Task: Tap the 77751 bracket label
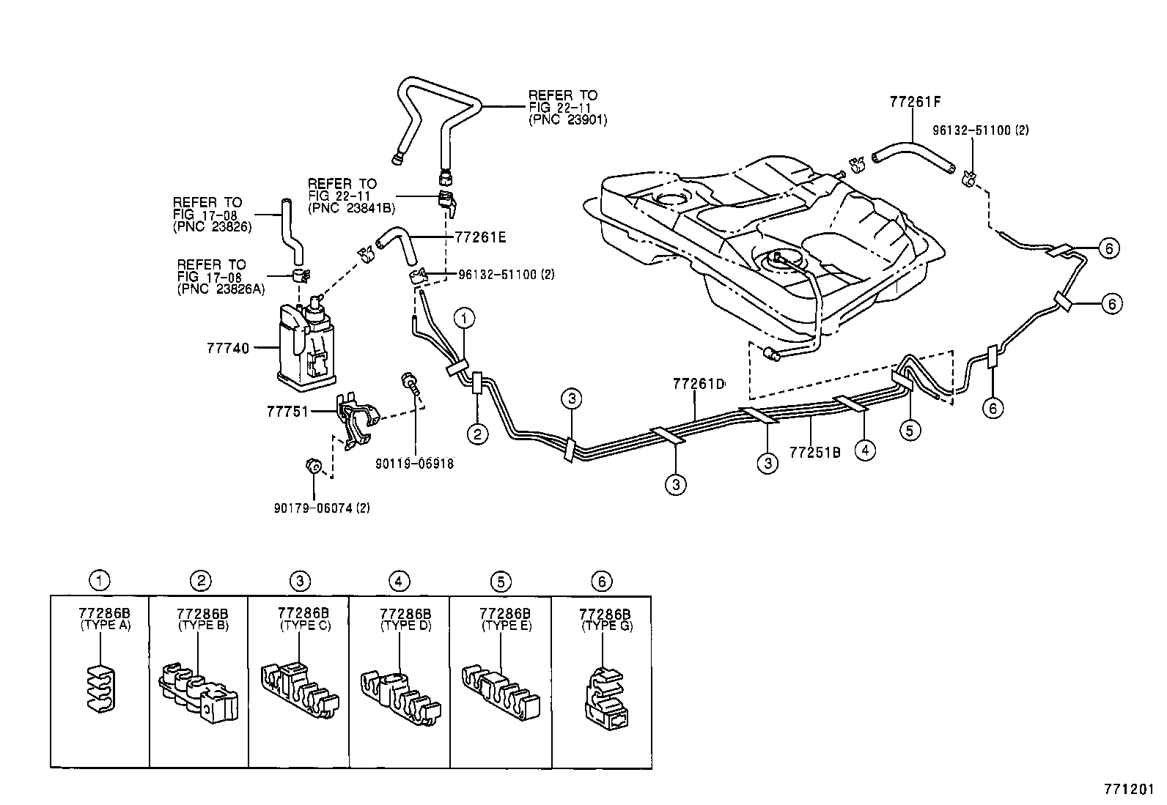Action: coord(287,412)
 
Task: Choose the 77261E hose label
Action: coord(480,237)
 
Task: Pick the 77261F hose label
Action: coord(915,102)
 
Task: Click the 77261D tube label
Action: coord(699,384)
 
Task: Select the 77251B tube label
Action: coord(814,451)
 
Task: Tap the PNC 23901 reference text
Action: coord(567,120)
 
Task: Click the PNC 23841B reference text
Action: coord(351,208)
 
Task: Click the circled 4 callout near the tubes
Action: coord(865,450)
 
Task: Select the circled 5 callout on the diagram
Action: coord(910,430)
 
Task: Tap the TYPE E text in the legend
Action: coord(506,626)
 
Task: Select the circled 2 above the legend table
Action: coord(200,581)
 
